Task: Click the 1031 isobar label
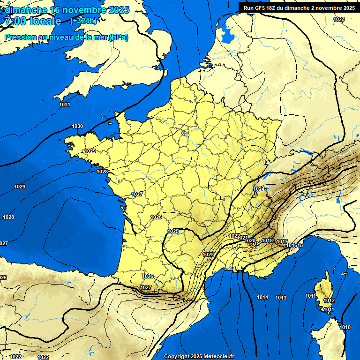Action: (65, 105)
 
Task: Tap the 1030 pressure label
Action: (77, 127)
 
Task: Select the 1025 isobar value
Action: (173, 231)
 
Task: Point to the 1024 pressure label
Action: (259, 189)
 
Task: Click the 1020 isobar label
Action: (250, 240)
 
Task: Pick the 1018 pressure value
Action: (267, 240)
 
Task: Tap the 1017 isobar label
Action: (282, 241)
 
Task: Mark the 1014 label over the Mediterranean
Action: (262, 298)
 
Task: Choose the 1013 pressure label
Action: (281, 298)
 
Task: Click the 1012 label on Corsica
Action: (329, 300)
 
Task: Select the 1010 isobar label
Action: (345, 327)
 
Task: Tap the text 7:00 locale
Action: (33, 21)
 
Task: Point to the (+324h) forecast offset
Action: (84, 21)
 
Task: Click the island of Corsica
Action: (322, 293)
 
